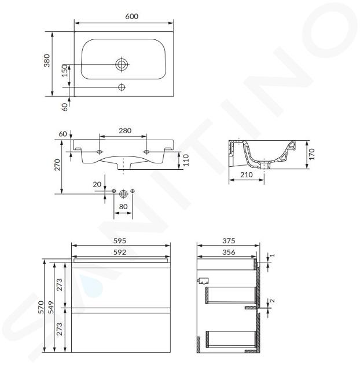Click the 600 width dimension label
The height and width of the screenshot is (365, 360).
pyautogui.click(x=131, y=16)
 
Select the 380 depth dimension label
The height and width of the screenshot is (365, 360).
pyautogui.click(x=47, y=60)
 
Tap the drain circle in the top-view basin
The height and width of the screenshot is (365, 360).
pyautogui.click(x=122, y=64)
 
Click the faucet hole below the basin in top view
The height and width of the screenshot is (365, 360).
pyautogui.click(x=122, y=87)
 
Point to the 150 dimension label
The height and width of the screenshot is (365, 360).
pyautogui.click(x=65, y=71)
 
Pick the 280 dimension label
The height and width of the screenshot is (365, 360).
pyautogui.click(x=125, y=130)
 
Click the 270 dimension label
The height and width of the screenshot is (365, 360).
pyautogui.click(x=57, y=165)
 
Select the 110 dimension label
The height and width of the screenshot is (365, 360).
pyautogui.click(x=186, y=160)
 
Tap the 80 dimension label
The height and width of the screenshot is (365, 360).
pyautogui.click(x=123, y=206)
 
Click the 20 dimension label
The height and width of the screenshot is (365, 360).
pyautogui.click(x=97, y=184)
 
